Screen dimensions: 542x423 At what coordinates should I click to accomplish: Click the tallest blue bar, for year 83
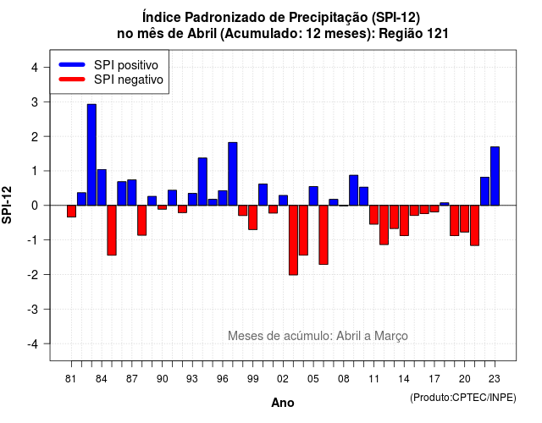(91, 155)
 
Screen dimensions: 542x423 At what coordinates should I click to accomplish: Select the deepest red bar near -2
(293, 240)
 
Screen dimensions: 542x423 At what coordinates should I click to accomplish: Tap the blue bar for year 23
(495, 176)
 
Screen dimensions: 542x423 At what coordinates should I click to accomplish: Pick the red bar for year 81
(71, 211)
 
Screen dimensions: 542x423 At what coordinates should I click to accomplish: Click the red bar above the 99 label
(252, 217)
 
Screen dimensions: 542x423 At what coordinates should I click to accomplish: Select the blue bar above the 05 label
(313, 195)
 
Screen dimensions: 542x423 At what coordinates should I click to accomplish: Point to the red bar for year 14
(404, 220)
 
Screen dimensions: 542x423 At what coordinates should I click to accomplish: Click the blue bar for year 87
(132, 192)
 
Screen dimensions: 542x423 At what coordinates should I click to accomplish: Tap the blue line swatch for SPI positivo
(72, 64)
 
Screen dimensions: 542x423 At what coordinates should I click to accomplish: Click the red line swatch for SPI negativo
(72, 79)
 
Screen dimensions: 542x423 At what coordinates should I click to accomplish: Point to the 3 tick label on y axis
(35, 102)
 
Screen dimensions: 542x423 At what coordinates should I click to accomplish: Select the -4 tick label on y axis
(33, 343)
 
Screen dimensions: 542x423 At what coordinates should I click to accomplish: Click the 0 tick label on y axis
(35, 206)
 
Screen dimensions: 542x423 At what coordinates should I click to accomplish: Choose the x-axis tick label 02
(283, 379)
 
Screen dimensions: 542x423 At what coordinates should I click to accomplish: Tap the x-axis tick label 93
(192, 379)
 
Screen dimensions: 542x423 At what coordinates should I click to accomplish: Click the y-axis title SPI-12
(7, 205)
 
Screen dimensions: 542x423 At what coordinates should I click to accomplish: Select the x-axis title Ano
(283, 403)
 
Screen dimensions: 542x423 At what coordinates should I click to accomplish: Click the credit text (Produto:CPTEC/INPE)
(463, 398)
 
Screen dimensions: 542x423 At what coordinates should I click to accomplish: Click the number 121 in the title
(438, 34)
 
